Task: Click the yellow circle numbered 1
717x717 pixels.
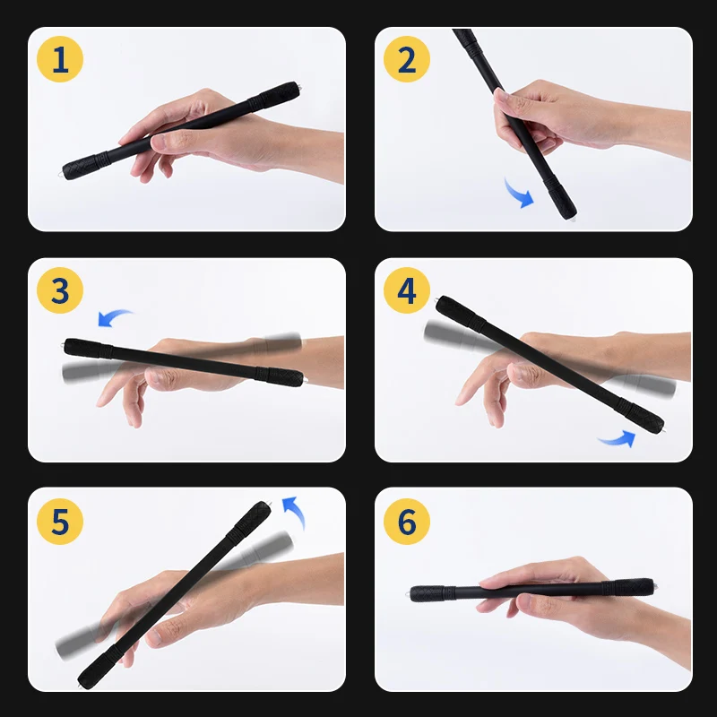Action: [x=60, y=59]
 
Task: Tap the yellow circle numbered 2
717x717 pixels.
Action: [x=407, y=59]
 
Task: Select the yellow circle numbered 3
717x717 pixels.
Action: [x=60, y=290]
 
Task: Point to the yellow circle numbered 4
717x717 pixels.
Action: [x=407, y=290]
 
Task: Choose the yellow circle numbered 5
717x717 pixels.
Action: [x=60, y=522]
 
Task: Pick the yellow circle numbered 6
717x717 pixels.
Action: [x=407, y=522]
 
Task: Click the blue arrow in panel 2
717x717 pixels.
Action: [x=519, y=194]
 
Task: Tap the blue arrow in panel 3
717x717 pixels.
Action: [x=114, y=316]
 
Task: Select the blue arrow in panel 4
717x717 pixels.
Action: [x=618, y=440]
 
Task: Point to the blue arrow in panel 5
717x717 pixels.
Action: [x=295, y=511]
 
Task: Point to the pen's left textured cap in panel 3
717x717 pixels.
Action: [x=88, y=349]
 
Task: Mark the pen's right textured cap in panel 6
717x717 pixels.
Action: [x=630, y=587]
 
